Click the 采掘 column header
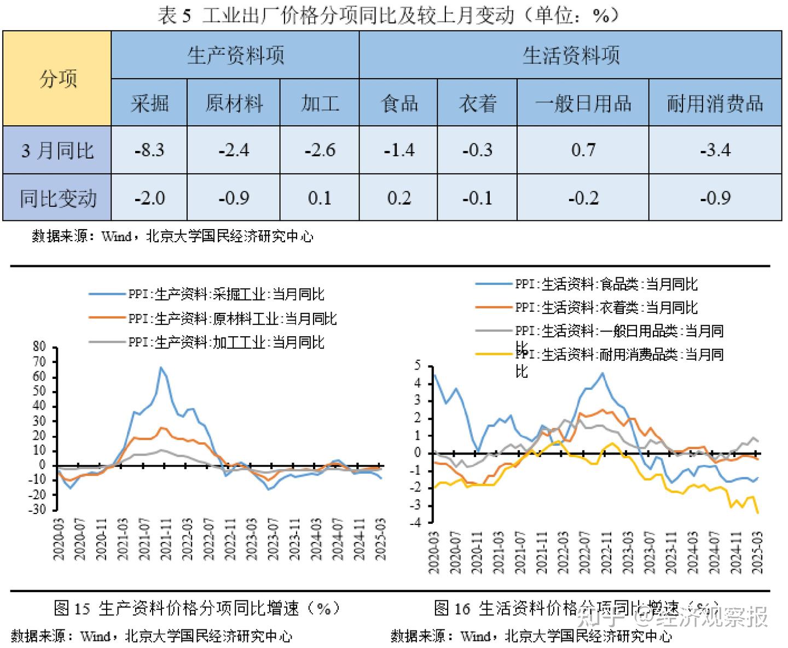click(x=149, y=103)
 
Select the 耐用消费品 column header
click(x=715, y=103)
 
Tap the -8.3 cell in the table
click(x=149, y=150)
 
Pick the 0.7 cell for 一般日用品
click(x=583, y=150)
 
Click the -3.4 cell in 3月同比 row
click(x=715, y=150)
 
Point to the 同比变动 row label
click(x=57, y=197)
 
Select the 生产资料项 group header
click(x=235, y=55)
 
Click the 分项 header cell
click(x=57, y=79)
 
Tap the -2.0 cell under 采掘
click(x=149, y=197)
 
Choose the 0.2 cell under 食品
click(x=398, y=197)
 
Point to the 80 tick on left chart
click(x=39, y=347)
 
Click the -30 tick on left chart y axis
click(x=38, y=510)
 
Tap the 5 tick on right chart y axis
click(x=418, y=365)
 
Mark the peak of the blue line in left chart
click(x=161, y=367)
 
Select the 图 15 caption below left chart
click(x=197, y=608)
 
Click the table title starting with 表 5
click(x=389, y=15)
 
